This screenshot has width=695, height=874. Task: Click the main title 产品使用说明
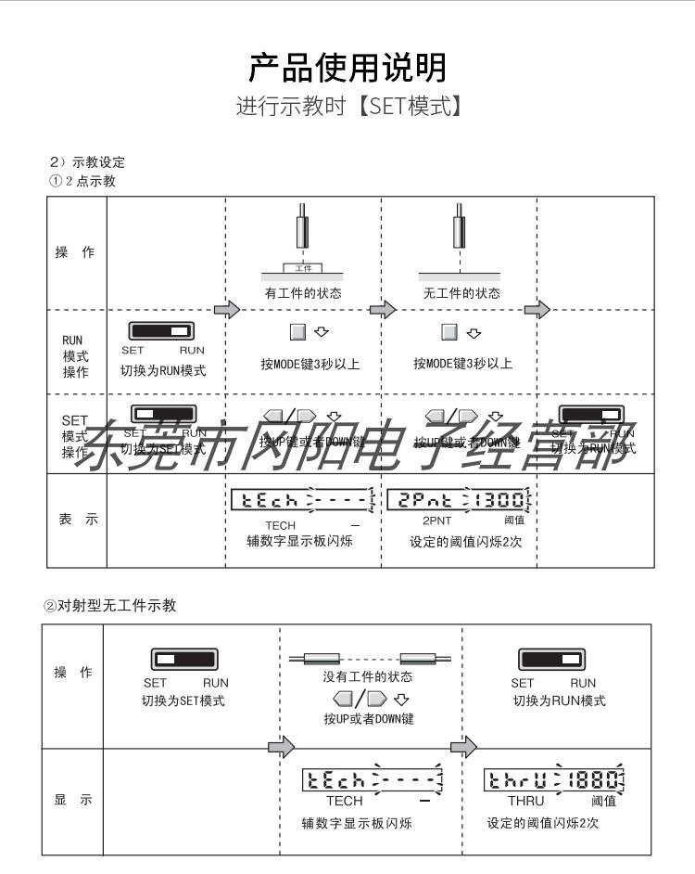point(347,68)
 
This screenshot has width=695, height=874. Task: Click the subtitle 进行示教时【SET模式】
point(347,106)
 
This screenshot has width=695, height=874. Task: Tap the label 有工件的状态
point(303,293)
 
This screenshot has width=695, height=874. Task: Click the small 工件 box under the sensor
point(303,267)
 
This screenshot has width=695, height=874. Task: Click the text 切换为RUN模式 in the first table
point(163,370)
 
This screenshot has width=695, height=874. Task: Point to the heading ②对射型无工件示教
point(110,606)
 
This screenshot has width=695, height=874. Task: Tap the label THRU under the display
point(526,801)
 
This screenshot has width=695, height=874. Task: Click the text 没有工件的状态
point(368,677)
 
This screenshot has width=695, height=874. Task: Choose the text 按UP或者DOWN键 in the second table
point(368,719)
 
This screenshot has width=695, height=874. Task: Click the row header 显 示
point(73,801)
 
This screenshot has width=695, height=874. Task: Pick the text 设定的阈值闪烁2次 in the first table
point(466,541)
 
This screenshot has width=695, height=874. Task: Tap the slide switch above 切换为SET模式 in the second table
point(183,660)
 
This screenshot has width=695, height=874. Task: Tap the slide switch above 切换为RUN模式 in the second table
point(554,660)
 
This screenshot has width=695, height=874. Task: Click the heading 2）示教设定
point(87,163)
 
